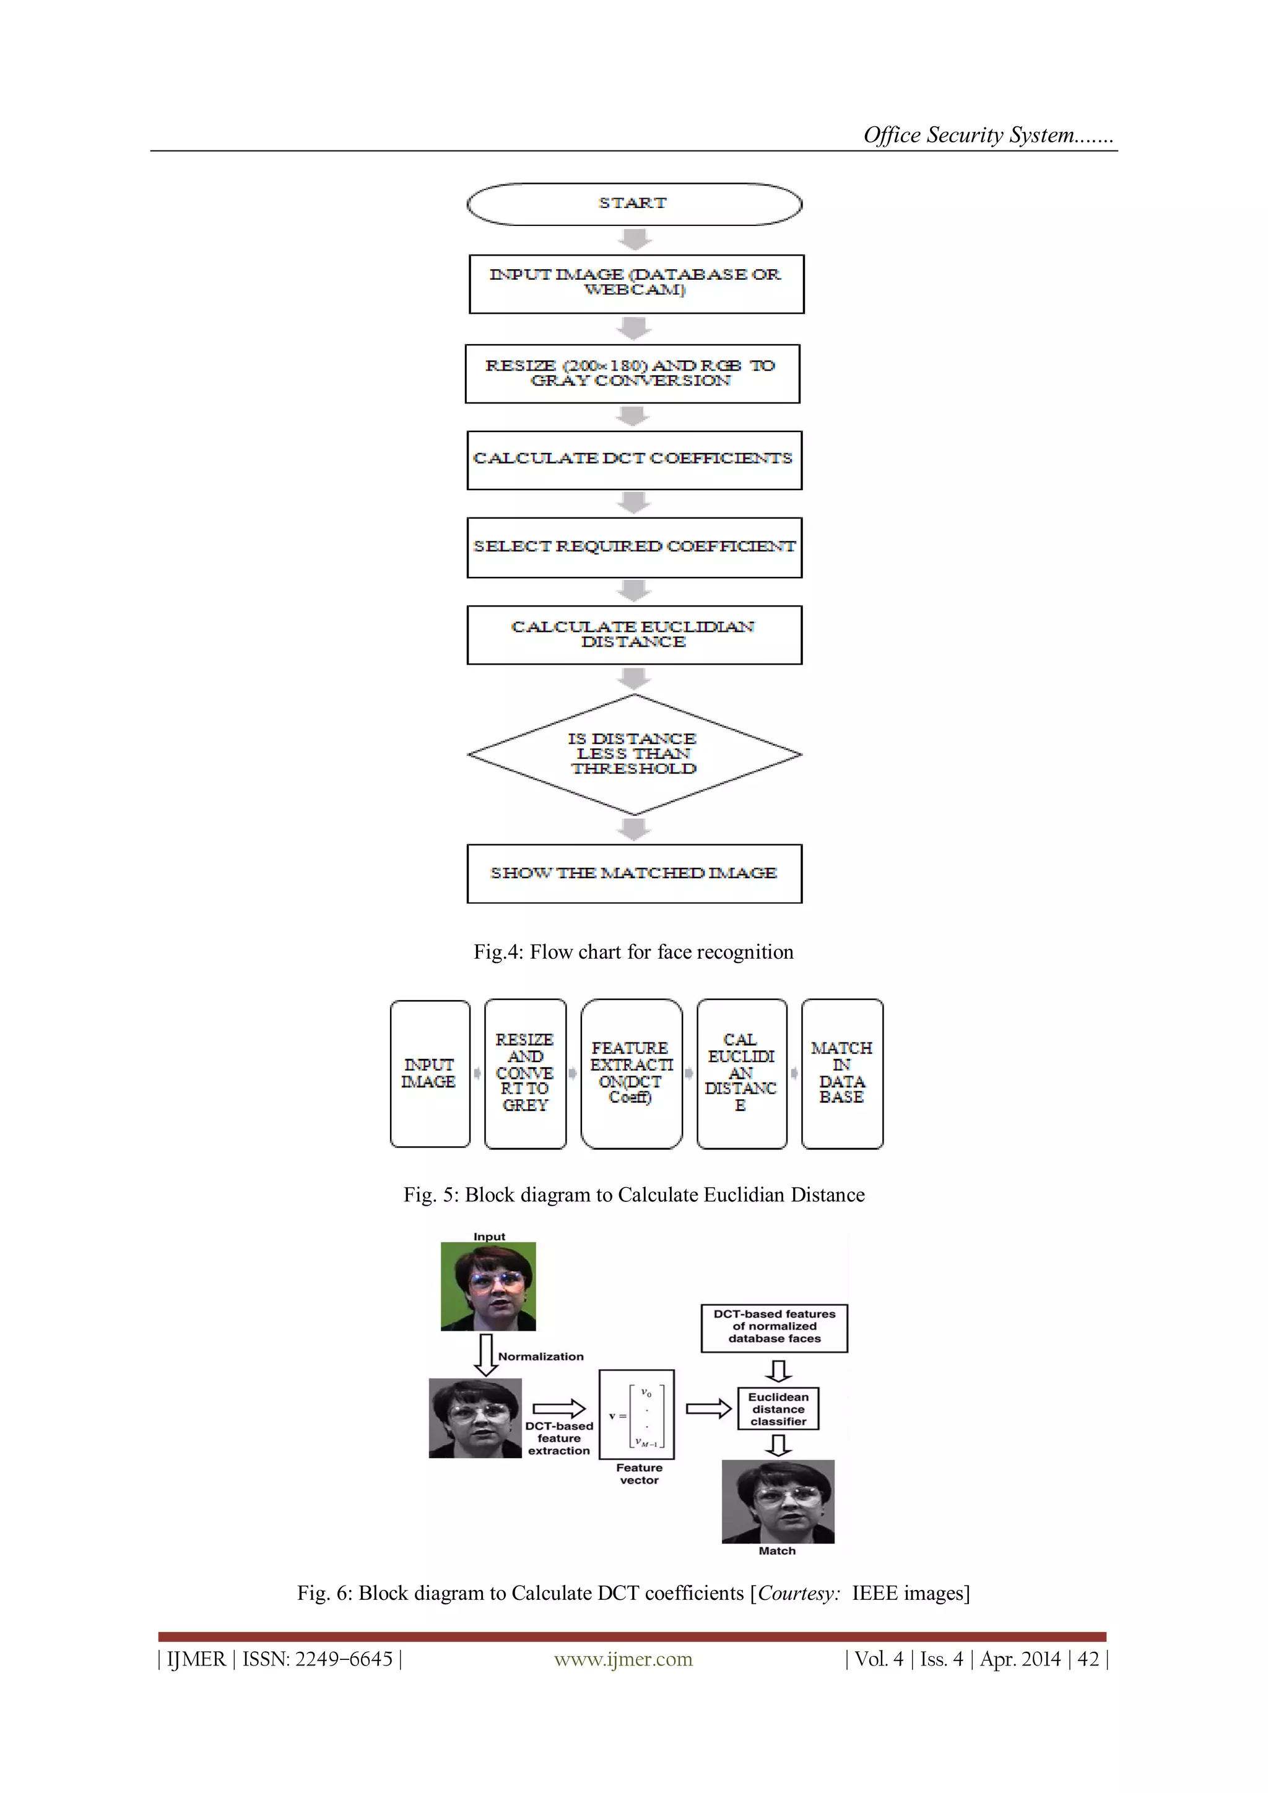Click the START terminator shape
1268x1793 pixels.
pyautogui.click(x=633, y=204)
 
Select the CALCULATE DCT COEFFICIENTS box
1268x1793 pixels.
pyautogui.click(x=633, y=460)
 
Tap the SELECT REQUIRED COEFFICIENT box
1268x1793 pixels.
pyautogui.click(x=633, y=547)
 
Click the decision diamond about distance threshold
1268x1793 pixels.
pyautogui.click(x=633, y=754)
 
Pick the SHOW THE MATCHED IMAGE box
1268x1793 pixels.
pyautogui.click(x=633, y=873)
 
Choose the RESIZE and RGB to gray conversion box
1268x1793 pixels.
pyautogui.click(x=632, y=373)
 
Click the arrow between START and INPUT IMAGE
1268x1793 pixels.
pyautogui.click(x=635, y=239)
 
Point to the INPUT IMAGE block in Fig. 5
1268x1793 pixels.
pyautogui.click(x=430, y=1073)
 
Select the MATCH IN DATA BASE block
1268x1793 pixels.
pyautogui.click(x=841, y=1073)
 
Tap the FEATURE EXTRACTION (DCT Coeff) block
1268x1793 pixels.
pyautogui.click(x=632, y=1073)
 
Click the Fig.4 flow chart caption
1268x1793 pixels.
pyautogui.click(x=633, y=952)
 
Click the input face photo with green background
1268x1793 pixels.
pyautogui.click(x=489, y=1285)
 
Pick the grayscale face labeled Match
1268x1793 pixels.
pyautogui.click(x=778, y=1501)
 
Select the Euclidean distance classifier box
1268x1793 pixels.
pyautogui.click(x=778, y=1408)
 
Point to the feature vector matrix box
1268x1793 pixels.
pyautogui.click(x=636, y=1414)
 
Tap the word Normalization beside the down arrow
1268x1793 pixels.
pyautogui.click(x=541, y=1357)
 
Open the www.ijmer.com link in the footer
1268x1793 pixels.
pyautogui.click(x=623, y=1659)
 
